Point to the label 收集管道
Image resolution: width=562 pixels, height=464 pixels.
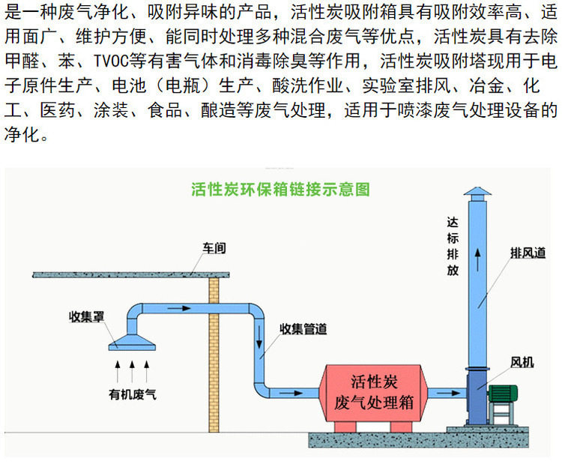(303, 328)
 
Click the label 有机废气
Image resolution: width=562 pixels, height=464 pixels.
(132, 393)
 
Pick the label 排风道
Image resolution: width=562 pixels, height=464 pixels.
(528, 253)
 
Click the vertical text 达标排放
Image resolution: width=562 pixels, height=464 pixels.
(452, 246)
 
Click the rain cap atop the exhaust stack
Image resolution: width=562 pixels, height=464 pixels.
(478, 194)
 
